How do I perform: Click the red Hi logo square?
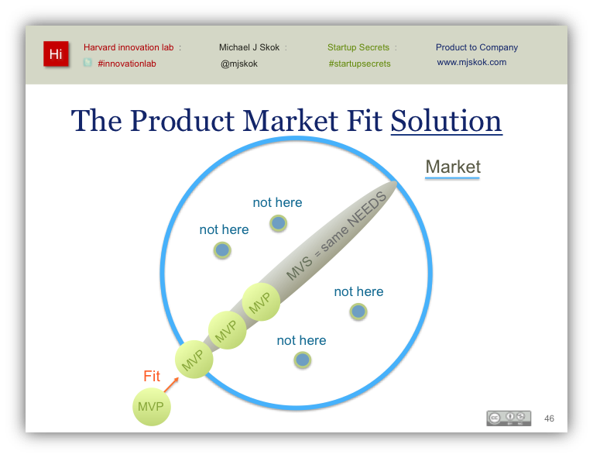tap(56, 53)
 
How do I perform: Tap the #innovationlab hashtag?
tap(127, 64)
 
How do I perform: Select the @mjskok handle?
tap(239, 64)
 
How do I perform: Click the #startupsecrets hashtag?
tap(359, 64)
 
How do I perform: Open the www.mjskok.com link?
tap(471, 62)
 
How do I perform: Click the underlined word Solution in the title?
tap(446, 121)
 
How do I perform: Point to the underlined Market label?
tap(453, 167)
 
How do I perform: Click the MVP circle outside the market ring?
tap(151, 407)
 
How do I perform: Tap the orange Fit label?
tap(152, 376)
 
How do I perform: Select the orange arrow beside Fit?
tap(171, 384)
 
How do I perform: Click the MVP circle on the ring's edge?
tap(194, 360)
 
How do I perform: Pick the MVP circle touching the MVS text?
tap(261, 301)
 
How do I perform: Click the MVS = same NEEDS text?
tap(336, 236)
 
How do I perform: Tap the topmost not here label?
tap(277, 202)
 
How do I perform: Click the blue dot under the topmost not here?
tap(279, 223)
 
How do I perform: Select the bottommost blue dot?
tap(302, 360)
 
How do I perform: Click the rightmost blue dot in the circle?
tap(358, 312)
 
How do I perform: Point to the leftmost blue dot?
tap(222, 250)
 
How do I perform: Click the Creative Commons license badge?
tap(509, 418)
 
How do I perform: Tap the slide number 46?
tap(549, 418)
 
